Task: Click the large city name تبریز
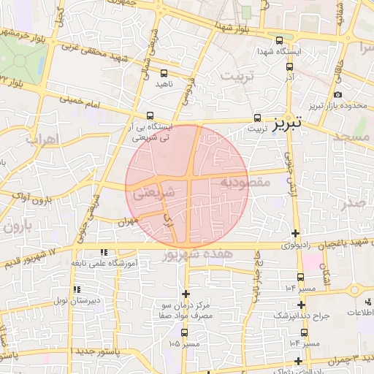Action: pos(288,125)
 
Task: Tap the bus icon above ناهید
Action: pos(163,73)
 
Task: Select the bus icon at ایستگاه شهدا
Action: pos(280,41)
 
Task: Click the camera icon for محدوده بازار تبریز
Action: pos(337,95)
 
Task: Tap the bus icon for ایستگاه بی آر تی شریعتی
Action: pos(150,115)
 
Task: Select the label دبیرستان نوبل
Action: pos(78,300)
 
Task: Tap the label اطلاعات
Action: pos(359,313)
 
